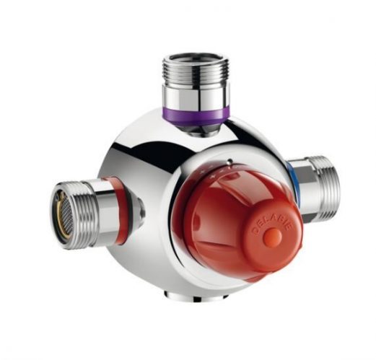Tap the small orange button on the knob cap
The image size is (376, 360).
273,237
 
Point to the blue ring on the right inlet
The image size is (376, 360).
292,183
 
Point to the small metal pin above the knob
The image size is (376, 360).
230,161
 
